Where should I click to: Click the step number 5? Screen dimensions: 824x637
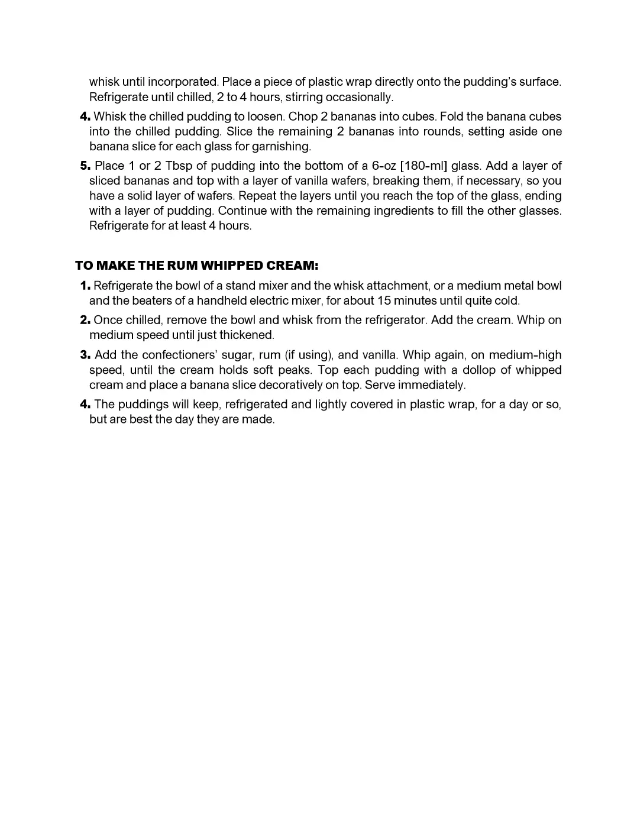[85, 166]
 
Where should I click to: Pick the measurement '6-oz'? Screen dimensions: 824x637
[383, 166]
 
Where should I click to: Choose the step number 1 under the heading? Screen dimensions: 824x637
[85, 286]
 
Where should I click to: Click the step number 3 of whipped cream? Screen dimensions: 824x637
[85, 355]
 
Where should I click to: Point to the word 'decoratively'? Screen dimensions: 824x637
[279, 385]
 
